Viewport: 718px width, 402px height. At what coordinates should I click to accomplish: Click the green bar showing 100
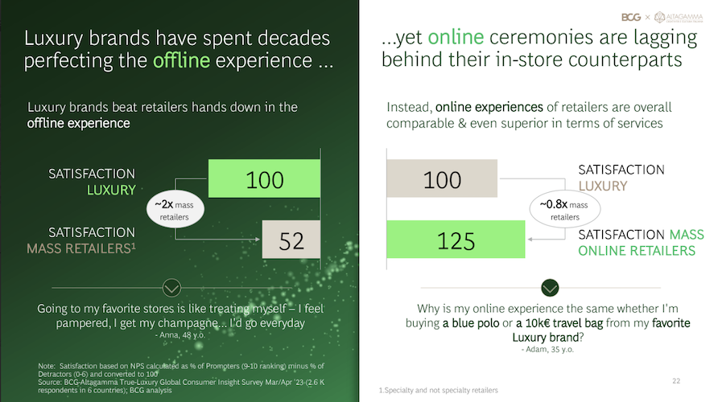pyautogui.click(x=264, y=178)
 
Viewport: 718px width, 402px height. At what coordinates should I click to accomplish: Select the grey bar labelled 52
pyautogui.click(x=291, y=239)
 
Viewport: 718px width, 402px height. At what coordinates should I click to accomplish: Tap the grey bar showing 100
pyautogui.click(x=442, y=178)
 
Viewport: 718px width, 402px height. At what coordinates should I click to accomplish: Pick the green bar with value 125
pyautogui.click(x=456, y=239)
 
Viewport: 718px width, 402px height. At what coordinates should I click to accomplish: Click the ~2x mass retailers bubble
pyautogui.click(x=175, y=209)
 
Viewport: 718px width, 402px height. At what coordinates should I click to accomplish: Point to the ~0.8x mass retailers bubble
pyautogui.click(x=565, y=209)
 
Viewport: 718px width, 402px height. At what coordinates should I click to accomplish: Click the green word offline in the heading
pyautogui.click(x=181, y=60)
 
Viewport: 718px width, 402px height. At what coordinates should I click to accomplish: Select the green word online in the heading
pyautogui.click(x=456, y=38)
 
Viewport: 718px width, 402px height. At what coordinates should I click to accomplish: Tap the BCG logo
pyautogui.click(x=631, y=18)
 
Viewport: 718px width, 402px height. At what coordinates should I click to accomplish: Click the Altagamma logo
pyautogui.click(x=679, y=18)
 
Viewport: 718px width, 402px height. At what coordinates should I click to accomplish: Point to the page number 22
pyautogui.click(x=676, y=380)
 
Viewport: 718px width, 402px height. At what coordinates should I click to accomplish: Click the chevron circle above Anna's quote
pyautogui.click(x=171, y=288)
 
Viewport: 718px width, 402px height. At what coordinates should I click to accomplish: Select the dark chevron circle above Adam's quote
pyautogui.click(x=550, y=288)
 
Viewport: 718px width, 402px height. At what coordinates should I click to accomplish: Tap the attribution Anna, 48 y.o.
pyautogui.click(x=180, y=334)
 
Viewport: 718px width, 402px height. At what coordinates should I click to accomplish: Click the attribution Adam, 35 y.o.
pyautogui.click(x=547, y=350)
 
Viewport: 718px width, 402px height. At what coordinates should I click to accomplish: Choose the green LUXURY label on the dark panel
pyautogui.click(x=111, y=190)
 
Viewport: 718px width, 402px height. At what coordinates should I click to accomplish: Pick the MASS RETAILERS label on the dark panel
pyautogui.click(x=81, y=248)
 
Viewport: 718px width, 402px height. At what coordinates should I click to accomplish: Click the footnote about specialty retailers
pyautogui.click(x=438, y=390)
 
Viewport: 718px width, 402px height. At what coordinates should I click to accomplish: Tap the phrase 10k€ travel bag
pyautogui.click(x=559, y=323)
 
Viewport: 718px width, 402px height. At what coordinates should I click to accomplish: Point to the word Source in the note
pyautogui.click(x=48, y=382)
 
